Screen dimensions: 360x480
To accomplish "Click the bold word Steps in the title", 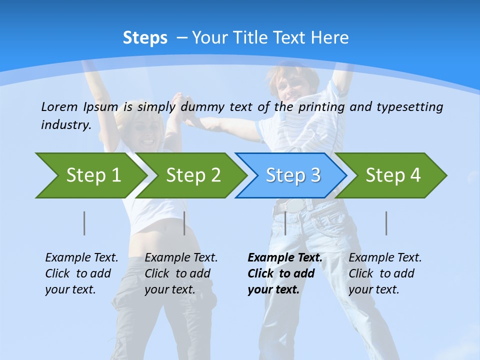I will [x=145, y=38].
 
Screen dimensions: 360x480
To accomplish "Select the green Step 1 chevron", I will [x=90, y=175].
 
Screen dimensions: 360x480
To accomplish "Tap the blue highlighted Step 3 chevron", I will [x=292, y=175].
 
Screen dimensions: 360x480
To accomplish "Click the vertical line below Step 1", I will [x=84, y=223].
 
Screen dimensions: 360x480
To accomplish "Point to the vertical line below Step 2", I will [x=184, y=223].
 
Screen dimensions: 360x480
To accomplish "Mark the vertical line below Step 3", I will [x=285, y=223].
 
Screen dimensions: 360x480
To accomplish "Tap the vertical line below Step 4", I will [x=386, y=223].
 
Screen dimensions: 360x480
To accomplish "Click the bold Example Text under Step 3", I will [x=285, y=258].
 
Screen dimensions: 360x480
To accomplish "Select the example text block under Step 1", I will [x=81, y=273].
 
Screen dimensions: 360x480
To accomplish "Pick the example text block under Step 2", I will [x=181, y=273].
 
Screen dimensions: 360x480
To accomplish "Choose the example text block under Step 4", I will [x=385, y=273].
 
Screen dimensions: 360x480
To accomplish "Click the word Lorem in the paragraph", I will [x=59, y=106].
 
